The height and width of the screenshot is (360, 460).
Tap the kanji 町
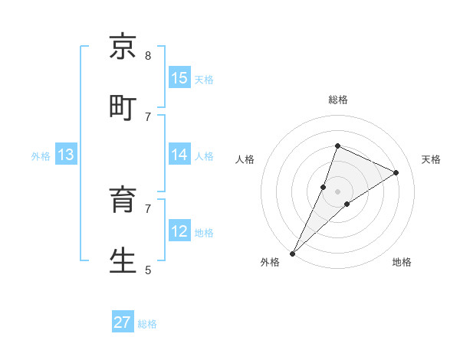click(x=123, y=107)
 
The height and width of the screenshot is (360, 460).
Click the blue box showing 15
click(x=179, y=78)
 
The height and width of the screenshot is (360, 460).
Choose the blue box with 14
click(x=179, y=155)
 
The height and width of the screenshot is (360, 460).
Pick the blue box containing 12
click(x=179, y=231)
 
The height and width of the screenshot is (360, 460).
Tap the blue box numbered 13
click(x=66, y=155)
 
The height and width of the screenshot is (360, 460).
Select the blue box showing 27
click(x=123, y=322)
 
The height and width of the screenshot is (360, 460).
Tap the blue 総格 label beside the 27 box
click(x=147, y=324)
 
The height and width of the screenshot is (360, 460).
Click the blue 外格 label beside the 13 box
click(x=41, y=156)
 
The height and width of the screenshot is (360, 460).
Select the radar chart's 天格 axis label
click(x=431, y=159)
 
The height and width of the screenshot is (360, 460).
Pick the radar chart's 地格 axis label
click(x=402, y=262)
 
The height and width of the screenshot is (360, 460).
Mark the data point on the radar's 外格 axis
click(x=293, y=253)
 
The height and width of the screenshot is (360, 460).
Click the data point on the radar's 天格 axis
click(x=396, y=172)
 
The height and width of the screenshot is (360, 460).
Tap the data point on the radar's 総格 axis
click(x=337, y=146)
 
